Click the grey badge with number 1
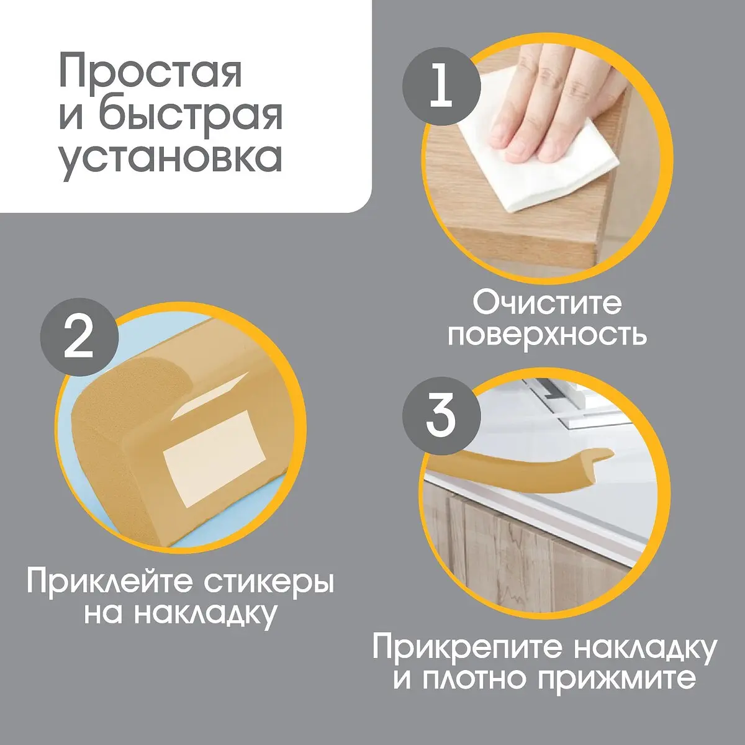(x=441, y=86)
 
